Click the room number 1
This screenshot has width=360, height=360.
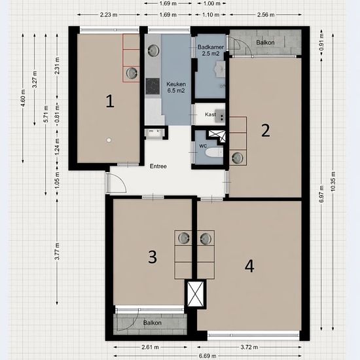[x=110, y=101]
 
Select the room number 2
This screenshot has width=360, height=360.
[x=266, y=130]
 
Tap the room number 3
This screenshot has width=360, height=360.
[x=153, y=257]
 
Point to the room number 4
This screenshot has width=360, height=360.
[x=249, y=266]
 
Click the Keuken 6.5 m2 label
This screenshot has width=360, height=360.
[x=176, y=87]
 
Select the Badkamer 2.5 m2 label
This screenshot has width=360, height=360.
[x=211, y=50]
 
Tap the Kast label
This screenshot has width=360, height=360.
[x=210, y=115]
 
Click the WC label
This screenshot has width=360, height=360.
[x=203, y=146]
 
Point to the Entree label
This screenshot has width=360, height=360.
[x=158, y=166]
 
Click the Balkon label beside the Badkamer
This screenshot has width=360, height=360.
[x=265, y=43]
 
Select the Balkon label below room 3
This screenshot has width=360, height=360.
[x=153, y=323]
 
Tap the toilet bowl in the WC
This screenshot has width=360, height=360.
[x=214, y=153]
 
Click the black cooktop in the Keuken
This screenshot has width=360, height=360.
[x=153, y=86]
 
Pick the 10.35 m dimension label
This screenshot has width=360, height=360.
[x=333, y=181]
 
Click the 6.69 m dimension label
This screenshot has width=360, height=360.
[x=207, y=356]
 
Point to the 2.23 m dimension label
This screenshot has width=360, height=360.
[x=109, y=14]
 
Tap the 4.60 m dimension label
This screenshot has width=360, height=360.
[x=23, y=98]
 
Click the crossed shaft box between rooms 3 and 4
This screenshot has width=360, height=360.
[x=196, y=294]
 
